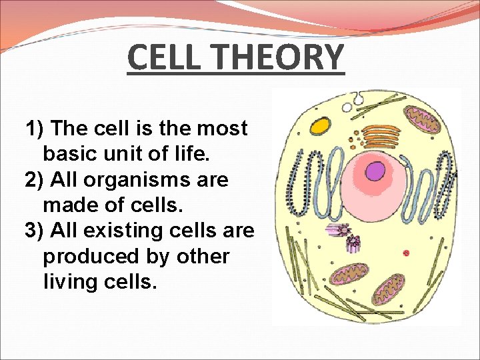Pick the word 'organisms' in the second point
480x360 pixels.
(x=148, y=180)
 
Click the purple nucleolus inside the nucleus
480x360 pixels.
(x=376, y=173)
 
